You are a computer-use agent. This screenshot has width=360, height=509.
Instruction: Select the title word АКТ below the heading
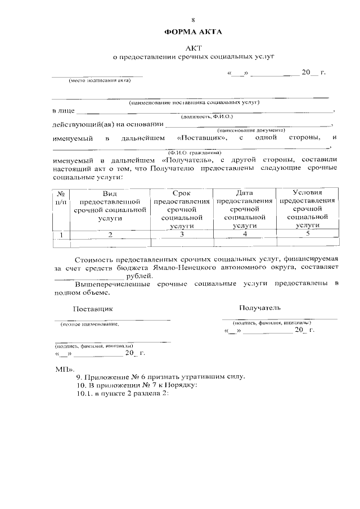coord(193,48)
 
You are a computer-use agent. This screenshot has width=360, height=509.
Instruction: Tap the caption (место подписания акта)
coord(100,80)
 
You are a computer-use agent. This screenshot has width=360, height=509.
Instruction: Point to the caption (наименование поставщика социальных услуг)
coord(193,103)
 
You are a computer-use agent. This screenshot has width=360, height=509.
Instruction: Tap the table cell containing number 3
coord(182,234)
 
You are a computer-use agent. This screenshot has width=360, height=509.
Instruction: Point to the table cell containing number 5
coord(307,234)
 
